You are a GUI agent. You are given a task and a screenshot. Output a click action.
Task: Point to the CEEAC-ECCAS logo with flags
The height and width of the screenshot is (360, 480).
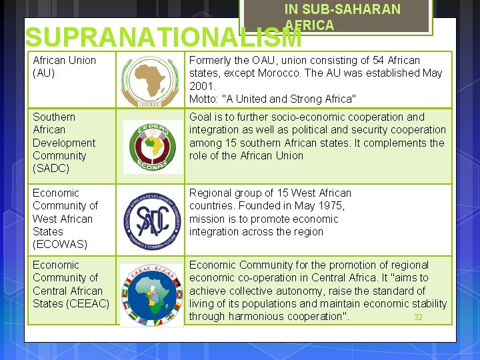[150, 293]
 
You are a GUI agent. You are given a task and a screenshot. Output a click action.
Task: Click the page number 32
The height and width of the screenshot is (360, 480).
[418, 317]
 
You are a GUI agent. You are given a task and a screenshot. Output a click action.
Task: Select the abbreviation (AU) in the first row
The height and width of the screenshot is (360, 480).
[44, 73]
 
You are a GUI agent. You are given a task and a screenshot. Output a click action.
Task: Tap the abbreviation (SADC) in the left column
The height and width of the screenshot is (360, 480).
[51, 169]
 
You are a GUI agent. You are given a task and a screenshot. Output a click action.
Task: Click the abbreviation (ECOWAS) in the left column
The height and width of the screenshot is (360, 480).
[60, 245]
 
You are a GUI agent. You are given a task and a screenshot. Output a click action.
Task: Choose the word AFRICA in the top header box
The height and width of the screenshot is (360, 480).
[309, 25]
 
